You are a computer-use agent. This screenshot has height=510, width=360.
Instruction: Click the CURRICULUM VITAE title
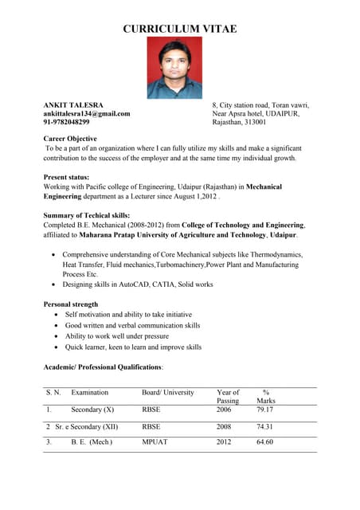[x=180, y=29]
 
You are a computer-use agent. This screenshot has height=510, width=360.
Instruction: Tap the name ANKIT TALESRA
[x=73, y=105]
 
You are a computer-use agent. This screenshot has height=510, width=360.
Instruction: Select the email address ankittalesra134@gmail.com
[x=86, y=114]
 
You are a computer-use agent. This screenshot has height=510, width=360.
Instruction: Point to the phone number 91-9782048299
[x=66, y=123]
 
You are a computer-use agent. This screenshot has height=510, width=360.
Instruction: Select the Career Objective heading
[x=70, y=139]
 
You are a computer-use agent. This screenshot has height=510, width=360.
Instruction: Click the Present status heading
[x=66, y=177]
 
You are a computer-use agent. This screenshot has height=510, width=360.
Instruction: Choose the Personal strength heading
[x=71, y=304]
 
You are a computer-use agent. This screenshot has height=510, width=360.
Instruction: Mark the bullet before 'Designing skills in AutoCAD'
[x=53, y=284]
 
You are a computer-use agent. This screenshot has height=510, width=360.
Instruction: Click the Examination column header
[x=89, y=393]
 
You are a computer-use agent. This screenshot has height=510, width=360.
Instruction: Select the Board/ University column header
[x=168, y=393]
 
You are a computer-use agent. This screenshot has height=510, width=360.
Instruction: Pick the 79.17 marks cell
[x=265, y=410]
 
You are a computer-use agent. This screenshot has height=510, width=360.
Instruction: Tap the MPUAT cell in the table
[x=155, y=442]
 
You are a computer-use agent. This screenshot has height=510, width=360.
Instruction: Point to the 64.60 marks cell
[x=265, y=442]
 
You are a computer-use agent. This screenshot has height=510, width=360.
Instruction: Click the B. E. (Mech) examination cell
[x=92, y=442]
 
